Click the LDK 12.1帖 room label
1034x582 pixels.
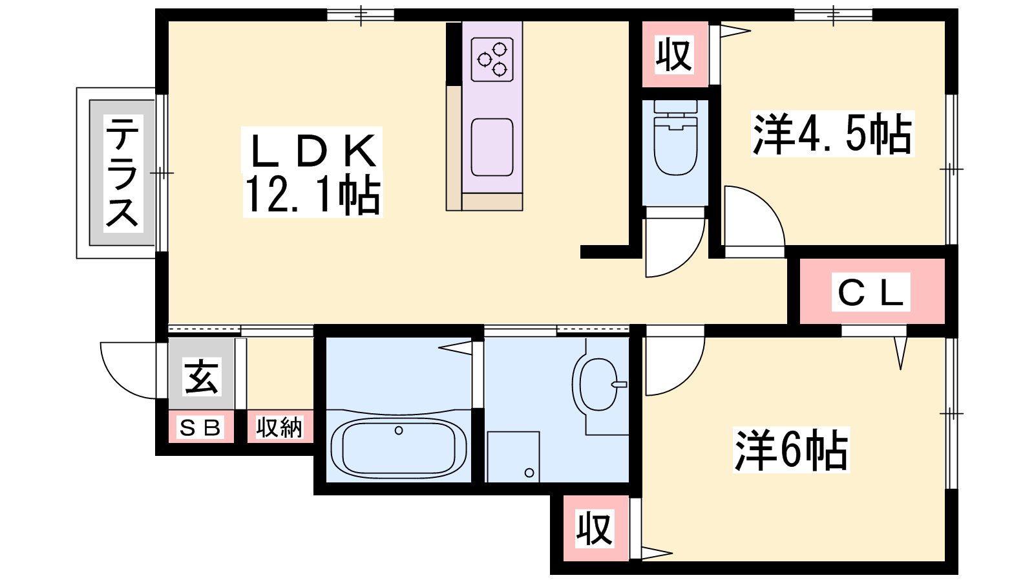(313, 172)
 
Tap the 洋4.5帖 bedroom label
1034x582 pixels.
(832, 133)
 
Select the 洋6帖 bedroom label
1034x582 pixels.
(791, 449)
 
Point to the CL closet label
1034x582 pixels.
(870, 292)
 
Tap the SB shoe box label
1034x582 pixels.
(200, 427)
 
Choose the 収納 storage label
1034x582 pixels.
(280, 427)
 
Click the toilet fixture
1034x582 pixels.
(675, 138)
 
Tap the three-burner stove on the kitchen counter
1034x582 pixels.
(492, 59)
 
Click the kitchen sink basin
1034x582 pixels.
(492, 147)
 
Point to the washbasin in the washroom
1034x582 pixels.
(599, 384)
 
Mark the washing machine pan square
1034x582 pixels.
(513, 457)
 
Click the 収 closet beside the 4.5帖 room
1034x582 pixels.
(675, 54)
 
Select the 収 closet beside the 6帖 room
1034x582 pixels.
(595, 528)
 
